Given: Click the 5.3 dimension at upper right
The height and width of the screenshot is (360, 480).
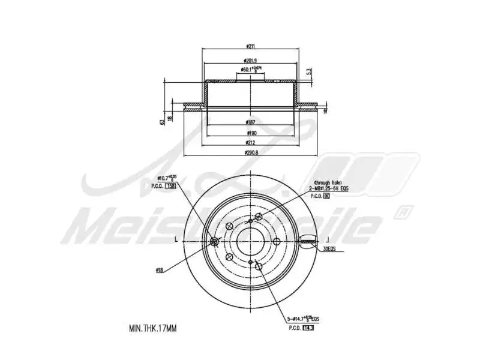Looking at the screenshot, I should (x=308, y=71).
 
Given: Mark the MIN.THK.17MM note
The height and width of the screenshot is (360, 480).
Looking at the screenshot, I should (x=153, y=329).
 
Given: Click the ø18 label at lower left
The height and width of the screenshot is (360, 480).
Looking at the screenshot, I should (x=160, y=271).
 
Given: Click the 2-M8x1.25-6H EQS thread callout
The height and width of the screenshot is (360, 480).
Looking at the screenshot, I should (x=329, y=188).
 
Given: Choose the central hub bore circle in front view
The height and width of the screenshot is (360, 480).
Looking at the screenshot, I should (x=248, y=241).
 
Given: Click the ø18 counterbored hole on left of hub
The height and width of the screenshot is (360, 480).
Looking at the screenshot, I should (x=215, y=242).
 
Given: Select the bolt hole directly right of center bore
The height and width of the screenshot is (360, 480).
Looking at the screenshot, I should (x=277, y=241).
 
